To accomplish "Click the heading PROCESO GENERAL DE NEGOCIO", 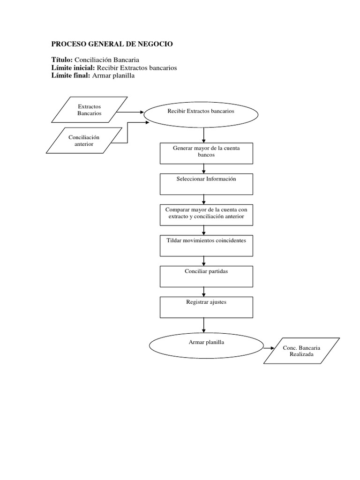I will click(x=112, y=44).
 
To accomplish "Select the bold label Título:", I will click(x=62, y=60).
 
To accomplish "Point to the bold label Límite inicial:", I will click(x=73, y=67).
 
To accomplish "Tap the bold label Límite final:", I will click(x=71, y=75).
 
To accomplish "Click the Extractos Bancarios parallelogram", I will click(x=90, y=110).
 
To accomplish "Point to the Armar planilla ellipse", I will click(x=206, y=346).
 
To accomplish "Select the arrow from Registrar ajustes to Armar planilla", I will click(x=204, y=324).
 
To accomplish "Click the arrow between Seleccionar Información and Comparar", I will click(x=204, y=199).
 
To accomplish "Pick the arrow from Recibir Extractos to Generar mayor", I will click(x=204, y=135).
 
